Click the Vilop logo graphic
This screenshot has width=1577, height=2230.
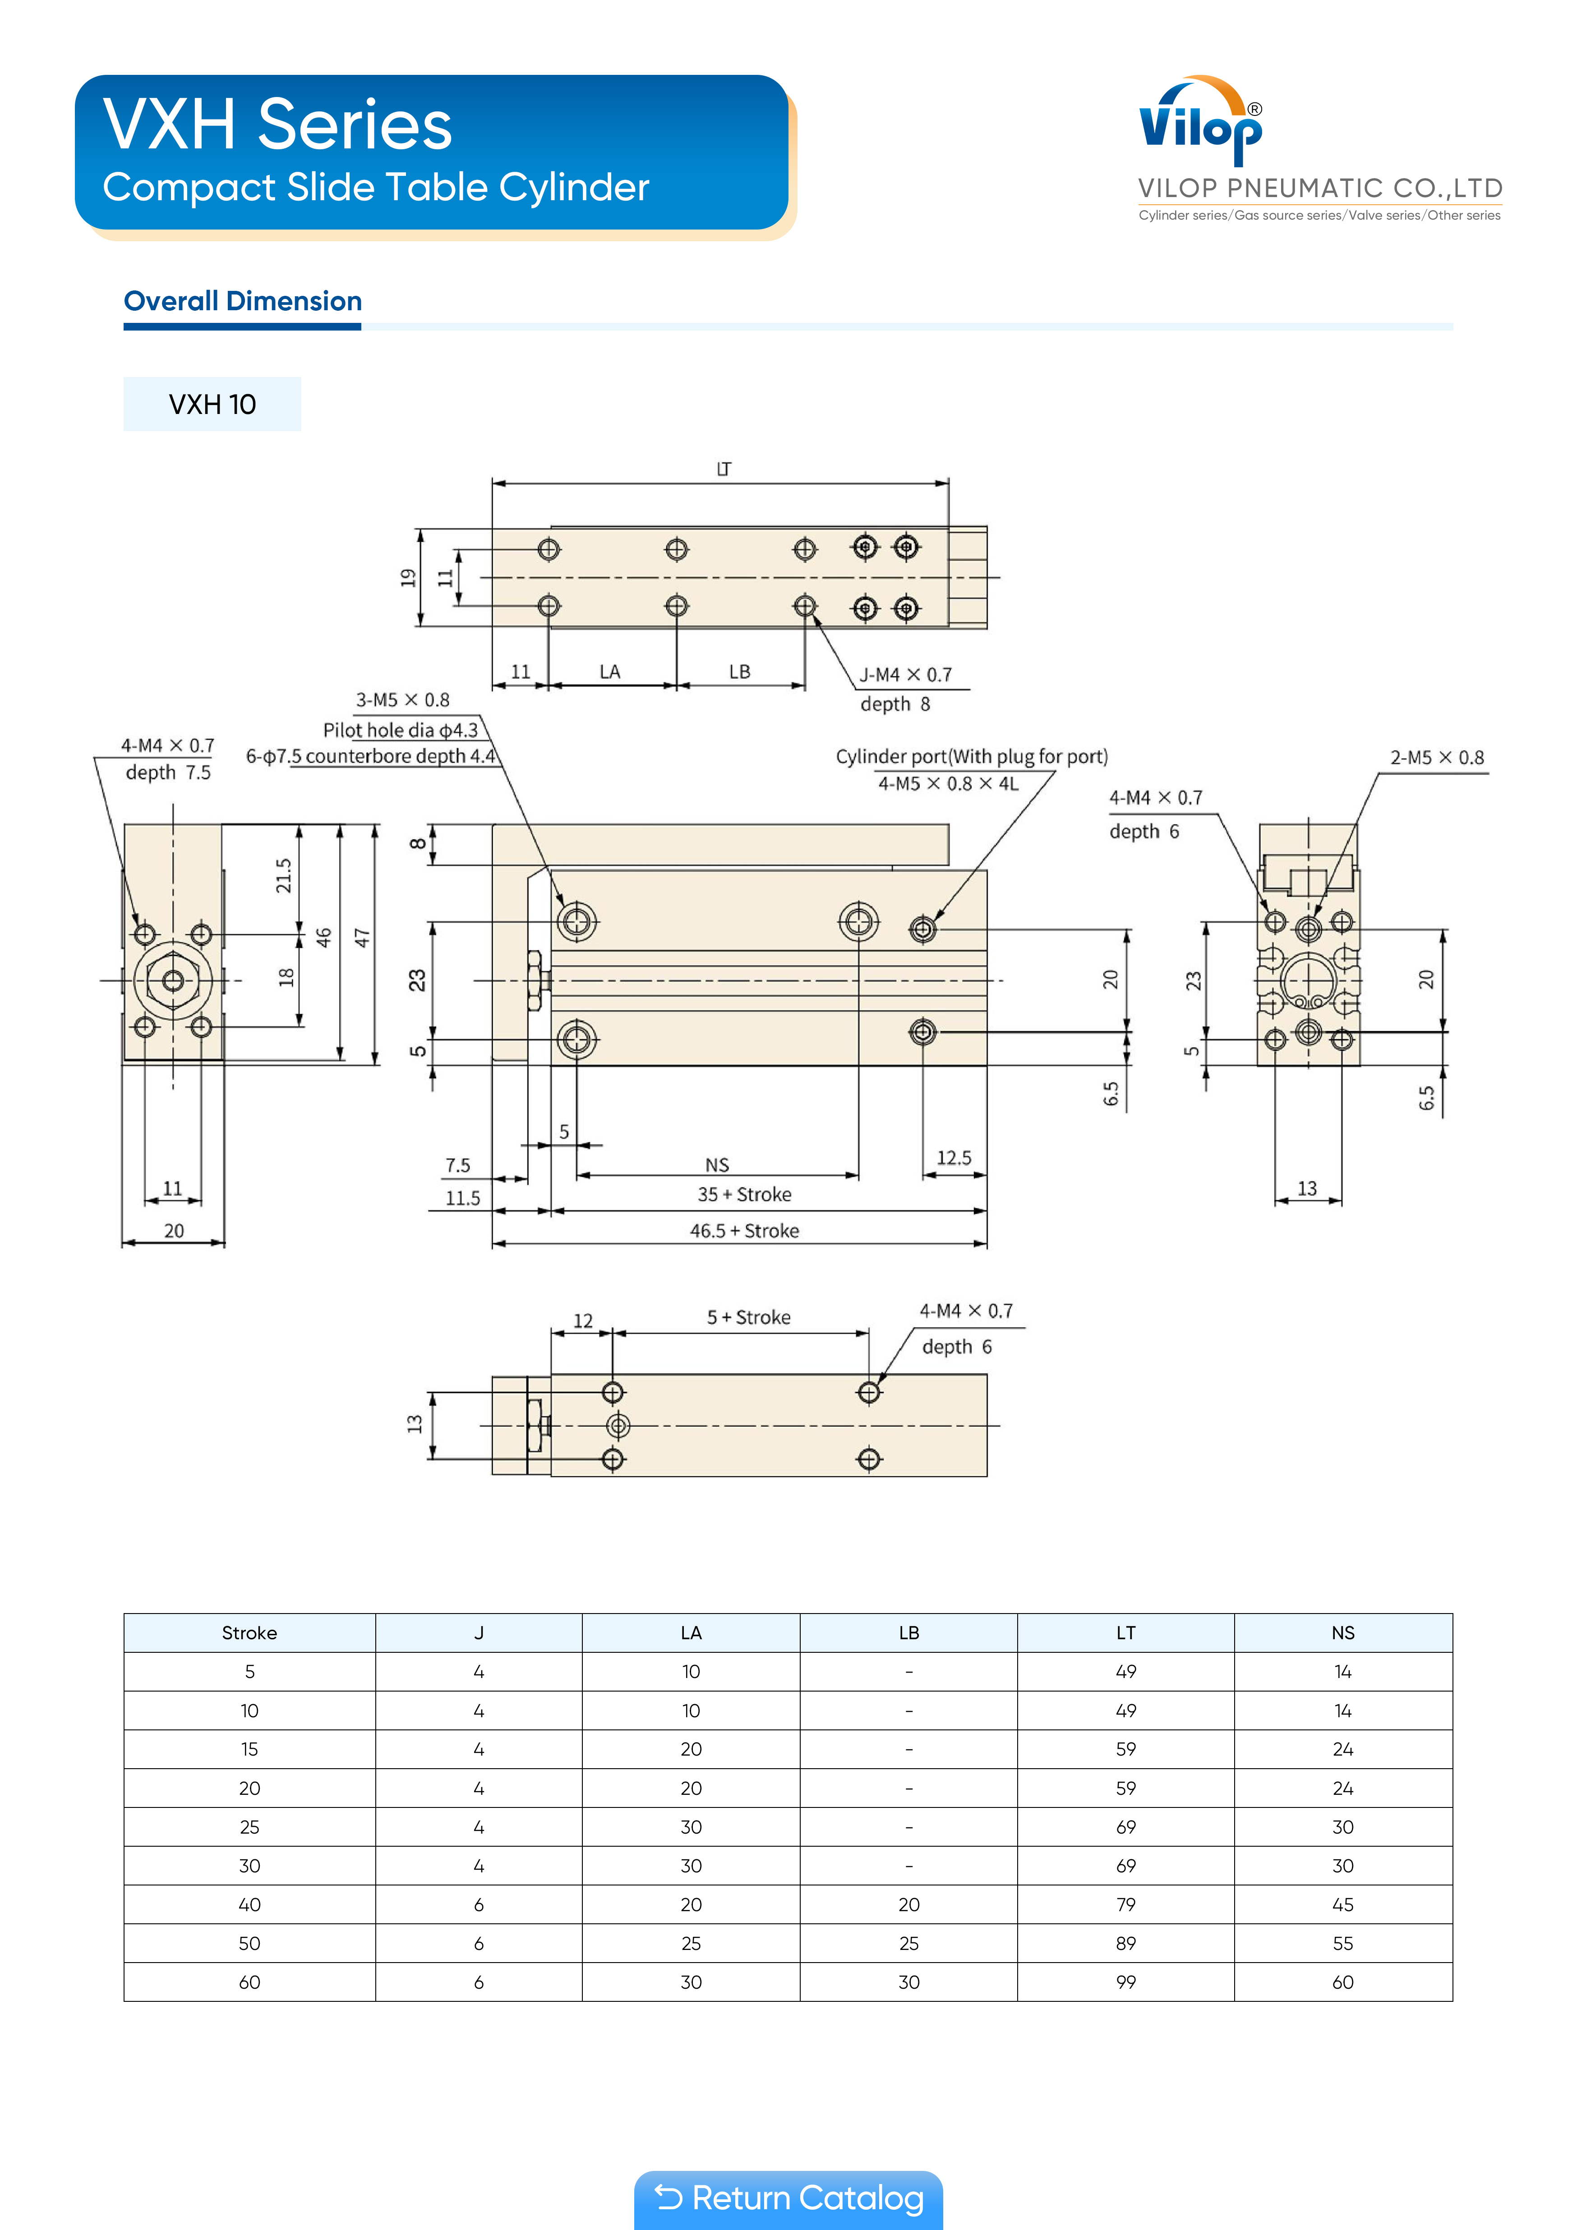click(1201, 120)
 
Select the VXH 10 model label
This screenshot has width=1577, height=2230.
click(212, 404)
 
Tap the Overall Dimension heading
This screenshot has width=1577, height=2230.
click(243, 301)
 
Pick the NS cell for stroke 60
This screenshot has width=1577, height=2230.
click(1343, 1982)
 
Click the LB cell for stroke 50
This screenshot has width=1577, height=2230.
click(908, 1944)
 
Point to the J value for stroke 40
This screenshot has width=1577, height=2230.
click(479, 1904)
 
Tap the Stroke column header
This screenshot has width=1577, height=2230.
click(250, 1632)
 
